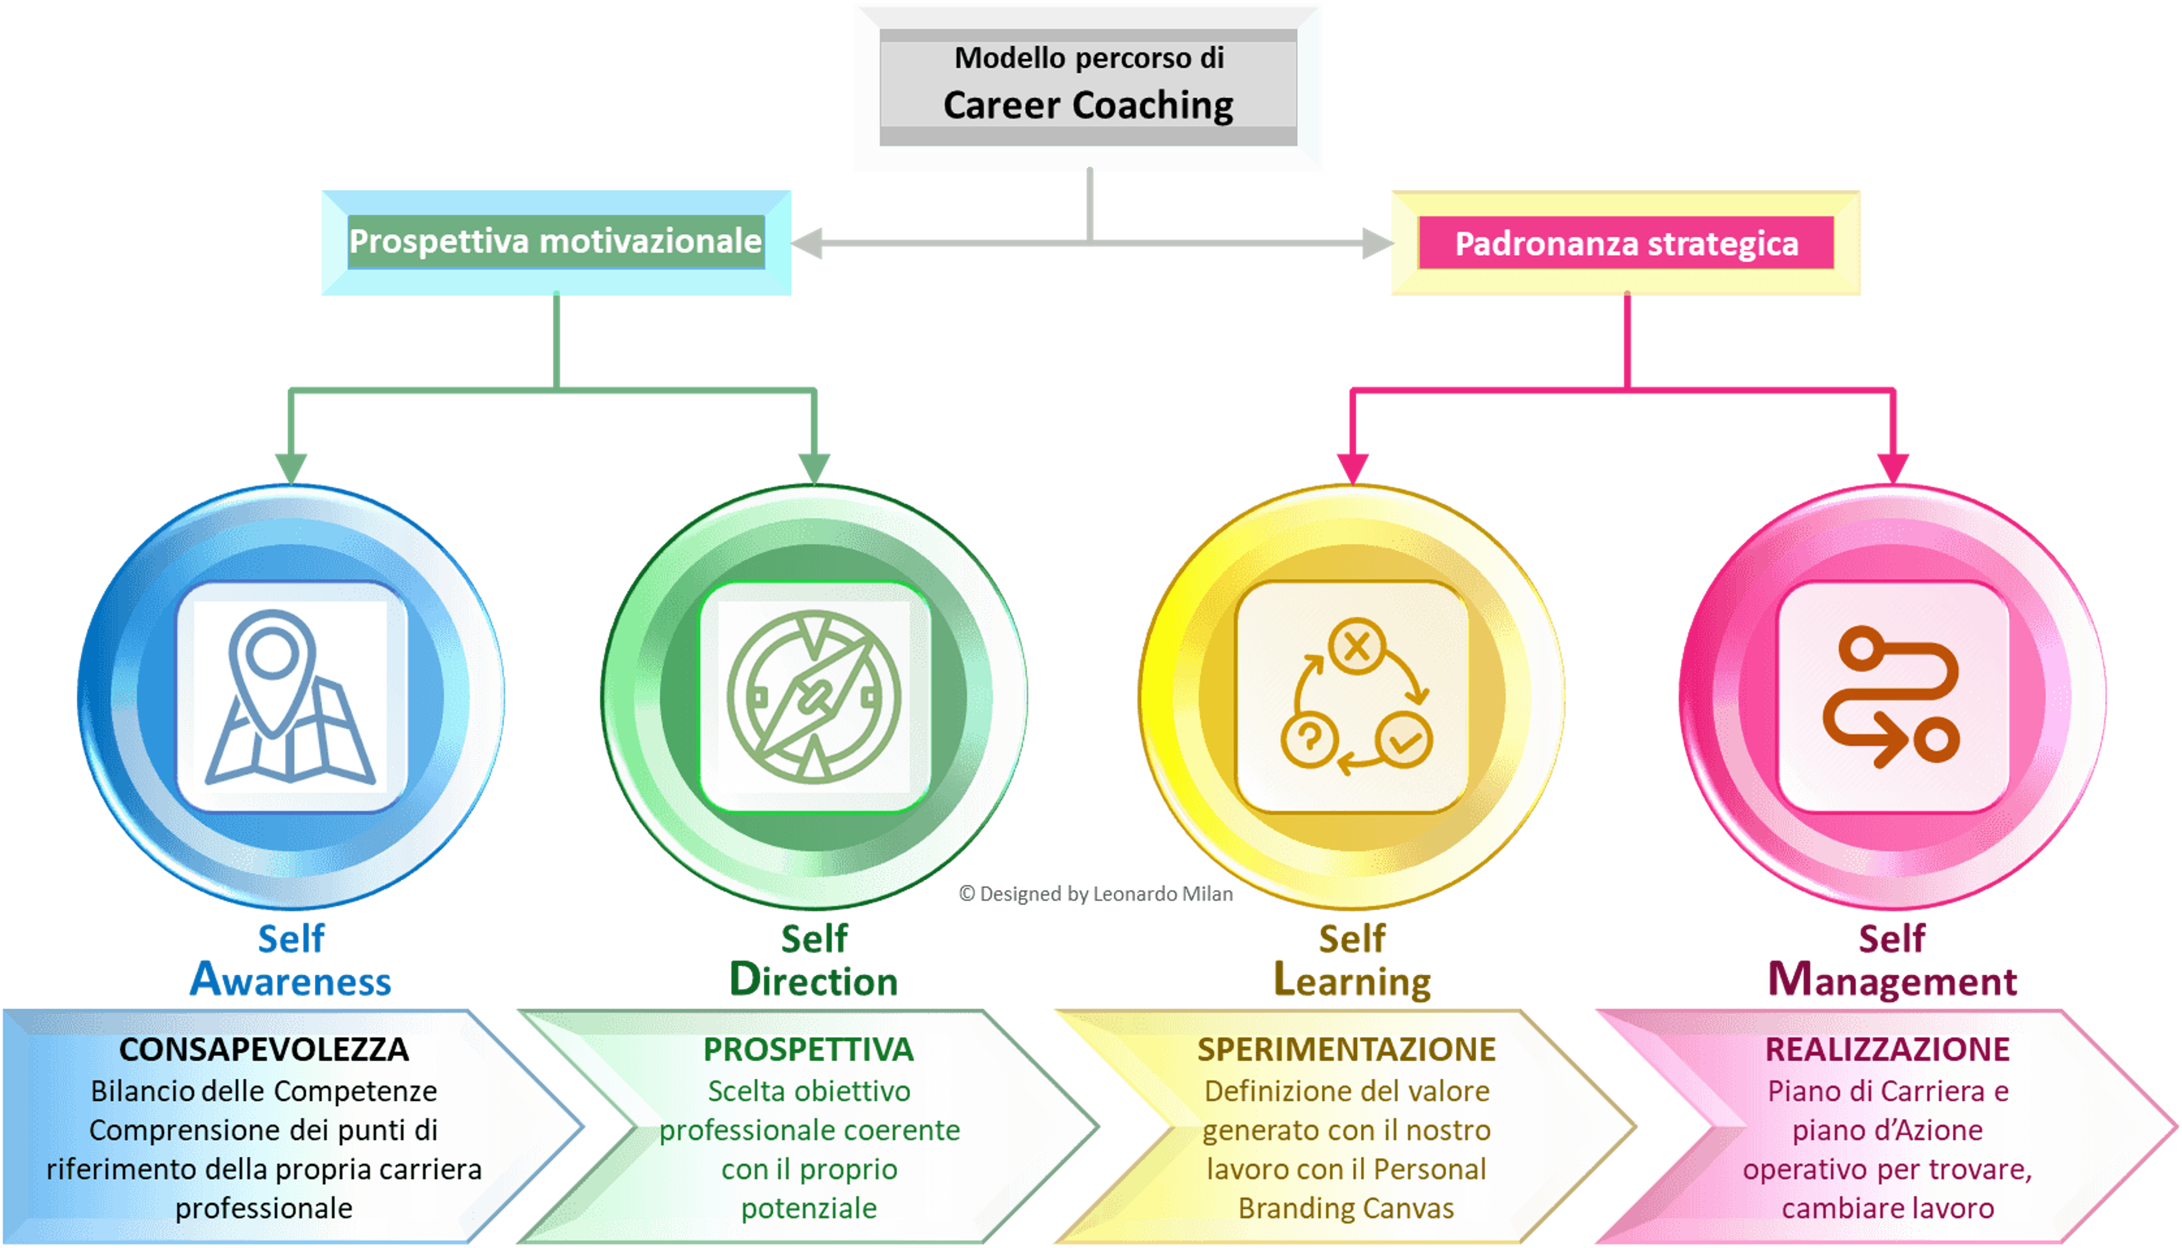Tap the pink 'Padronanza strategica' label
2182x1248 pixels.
[1626, 243]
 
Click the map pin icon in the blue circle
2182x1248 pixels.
[290, 696]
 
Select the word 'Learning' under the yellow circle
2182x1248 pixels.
[1352, 980]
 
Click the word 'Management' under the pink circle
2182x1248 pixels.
[1892, 980]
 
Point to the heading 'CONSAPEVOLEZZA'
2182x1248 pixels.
[264, 1049]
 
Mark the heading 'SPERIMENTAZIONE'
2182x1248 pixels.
[1346, 1049]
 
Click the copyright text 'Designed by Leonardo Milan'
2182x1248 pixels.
[1106, 894]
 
